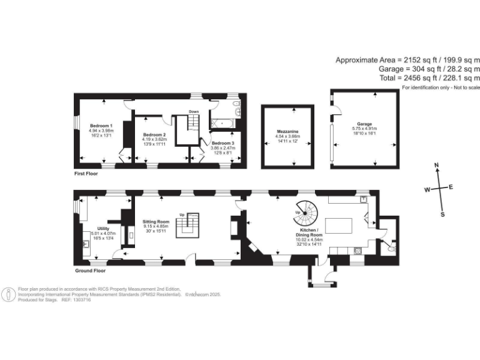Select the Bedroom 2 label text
click(x=154, y=135)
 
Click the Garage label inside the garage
click(x=364, y=124)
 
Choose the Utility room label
click(x=103, y=229)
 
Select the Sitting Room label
click(x=156, y=222)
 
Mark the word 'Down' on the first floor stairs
click(x=194, y=112)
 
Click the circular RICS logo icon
click(x=9, y=294)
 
